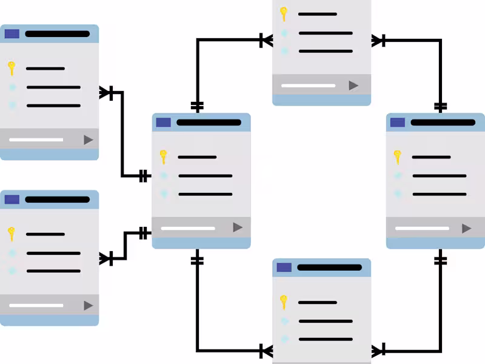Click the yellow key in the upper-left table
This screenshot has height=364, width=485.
(11, 67)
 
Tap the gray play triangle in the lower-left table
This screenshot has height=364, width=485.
(89, 305)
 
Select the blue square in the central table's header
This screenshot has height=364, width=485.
(163, 123)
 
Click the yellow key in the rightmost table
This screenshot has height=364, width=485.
(397, 157)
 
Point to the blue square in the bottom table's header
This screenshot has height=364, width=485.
(284, 268)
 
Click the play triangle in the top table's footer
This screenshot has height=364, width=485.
(353, 86)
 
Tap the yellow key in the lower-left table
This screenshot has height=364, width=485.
(11, 233)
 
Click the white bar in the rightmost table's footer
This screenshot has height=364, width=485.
(422, 229)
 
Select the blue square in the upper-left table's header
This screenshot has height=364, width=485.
(12, 34)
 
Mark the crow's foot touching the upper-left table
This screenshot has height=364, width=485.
(107, 92)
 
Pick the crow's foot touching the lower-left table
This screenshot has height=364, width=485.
(107, 258)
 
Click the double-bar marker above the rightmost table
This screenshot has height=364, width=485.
(441, 106)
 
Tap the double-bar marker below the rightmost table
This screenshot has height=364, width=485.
(441, 261)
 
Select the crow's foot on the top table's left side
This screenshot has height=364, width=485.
(266, 41)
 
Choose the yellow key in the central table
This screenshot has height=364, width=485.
(163, 157)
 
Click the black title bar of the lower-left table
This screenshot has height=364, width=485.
(57, 200)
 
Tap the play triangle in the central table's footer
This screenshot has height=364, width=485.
(238, 227)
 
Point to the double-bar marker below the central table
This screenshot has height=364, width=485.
(197, 261)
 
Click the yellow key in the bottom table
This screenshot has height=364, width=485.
(283, 302)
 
